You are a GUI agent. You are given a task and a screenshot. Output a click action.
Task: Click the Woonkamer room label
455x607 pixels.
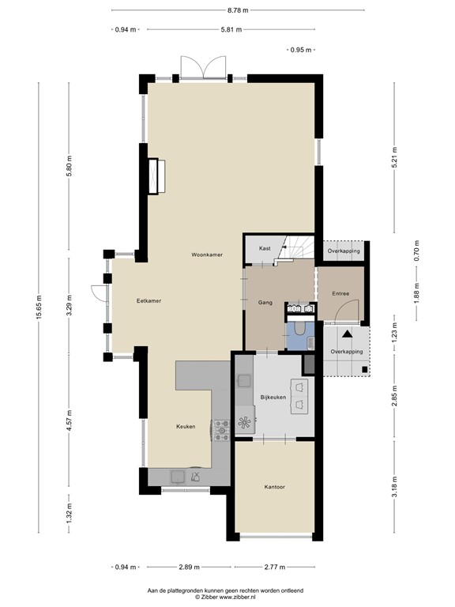pos(207,254)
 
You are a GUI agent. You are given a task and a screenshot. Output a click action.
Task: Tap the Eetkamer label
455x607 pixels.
pos(149,301)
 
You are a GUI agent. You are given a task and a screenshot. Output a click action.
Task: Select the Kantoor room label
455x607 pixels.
pos(275,487)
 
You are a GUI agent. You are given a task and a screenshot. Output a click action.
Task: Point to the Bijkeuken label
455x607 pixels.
pos(273,398)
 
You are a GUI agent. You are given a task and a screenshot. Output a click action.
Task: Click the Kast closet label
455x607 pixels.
pos(265,248)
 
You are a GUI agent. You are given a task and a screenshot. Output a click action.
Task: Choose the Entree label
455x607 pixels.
pos(340,294)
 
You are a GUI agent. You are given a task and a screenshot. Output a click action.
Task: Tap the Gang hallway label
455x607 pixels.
pos(265,303)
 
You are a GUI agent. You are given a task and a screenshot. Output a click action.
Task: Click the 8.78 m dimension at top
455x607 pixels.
pos(238,10)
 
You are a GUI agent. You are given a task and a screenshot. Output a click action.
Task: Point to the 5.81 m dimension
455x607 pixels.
pos(231,29)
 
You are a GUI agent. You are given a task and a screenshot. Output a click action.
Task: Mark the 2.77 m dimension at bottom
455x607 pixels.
pos(275,567)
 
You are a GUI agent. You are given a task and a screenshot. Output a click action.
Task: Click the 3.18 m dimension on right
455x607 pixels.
pos(394,487)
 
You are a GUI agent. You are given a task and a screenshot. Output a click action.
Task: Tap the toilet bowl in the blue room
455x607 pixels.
pos(299,328)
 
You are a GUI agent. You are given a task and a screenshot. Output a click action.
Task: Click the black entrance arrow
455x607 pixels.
pos(347,334)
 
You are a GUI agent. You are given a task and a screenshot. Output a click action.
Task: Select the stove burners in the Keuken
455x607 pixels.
pos(221,430)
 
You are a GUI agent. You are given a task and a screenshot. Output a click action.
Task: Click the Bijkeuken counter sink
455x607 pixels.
pos(245,381)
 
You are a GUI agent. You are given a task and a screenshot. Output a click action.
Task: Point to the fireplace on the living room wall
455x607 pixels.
pos(156,176)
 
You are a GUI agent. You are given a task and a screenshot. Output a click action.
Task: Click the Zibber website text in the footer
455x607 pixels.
pos(225,597)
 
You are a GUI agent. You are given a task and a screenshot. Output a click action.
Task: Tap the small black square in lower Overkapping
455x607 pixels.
pos(364,369)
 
